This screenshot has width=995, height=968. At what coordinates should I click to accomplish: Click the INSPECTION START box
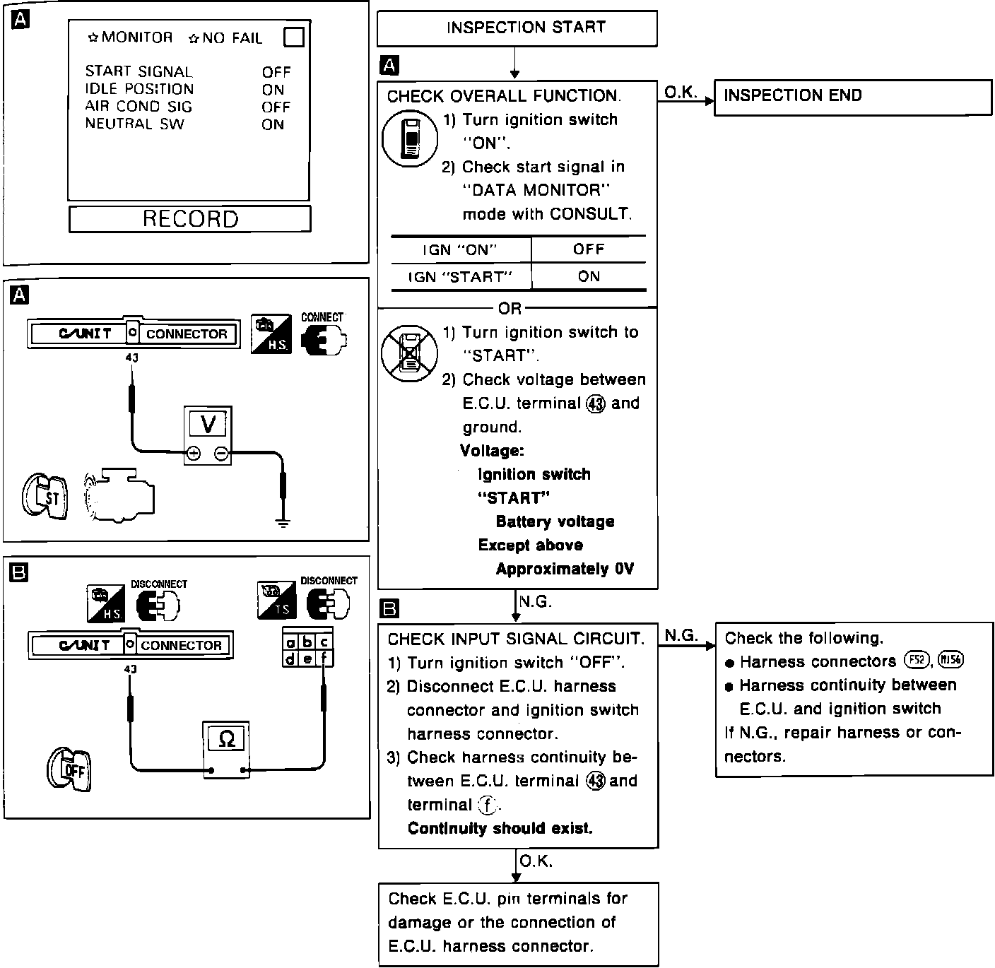(517, 28)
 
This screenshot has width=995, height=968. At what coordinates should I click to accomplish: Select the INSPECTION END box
(853, 97)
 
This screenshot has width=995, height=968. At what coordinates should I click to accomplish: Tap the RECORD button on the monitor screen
(190, 219)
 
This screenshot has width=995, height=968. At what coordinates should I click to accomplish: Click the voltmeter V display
(208, 424)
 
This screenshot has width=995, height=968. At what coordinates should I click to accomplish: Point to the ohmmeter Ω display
(226, 739)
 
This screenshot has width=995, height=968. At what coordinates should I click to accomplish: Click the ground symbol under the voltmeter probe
(283, 523)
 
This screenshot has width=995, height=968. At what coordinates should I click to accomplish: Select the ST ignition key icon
(44, 497)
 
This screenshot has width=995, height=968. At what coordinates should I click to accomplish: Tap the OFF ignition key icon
(69, 769)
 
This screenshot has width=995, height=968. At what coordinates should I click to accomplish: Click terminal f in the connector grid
(324, 659)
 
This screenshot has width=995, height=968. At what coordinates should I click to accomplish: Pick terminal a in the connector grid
(290, 643)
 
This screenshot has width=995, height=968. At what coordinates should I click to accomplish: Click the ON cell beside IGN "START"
(589, 276)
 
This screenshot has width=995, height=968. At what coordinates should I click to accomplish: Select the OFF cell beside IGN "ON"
(589, 249)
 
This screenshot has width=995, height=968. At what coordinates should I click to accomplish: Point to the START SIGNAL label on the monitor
(139, 71)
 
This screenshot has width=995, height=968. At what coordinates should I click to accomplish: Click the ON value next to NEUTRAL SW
(273, 125)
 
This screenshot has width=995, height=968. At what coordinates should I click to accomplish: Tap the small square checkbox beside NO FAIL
(293, 37)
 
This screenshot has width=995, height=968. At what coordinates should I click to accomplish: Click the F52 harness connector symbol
(915, 661)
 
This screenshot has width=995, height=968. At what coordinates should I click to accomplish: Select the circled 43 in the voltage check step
(596, 403)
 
